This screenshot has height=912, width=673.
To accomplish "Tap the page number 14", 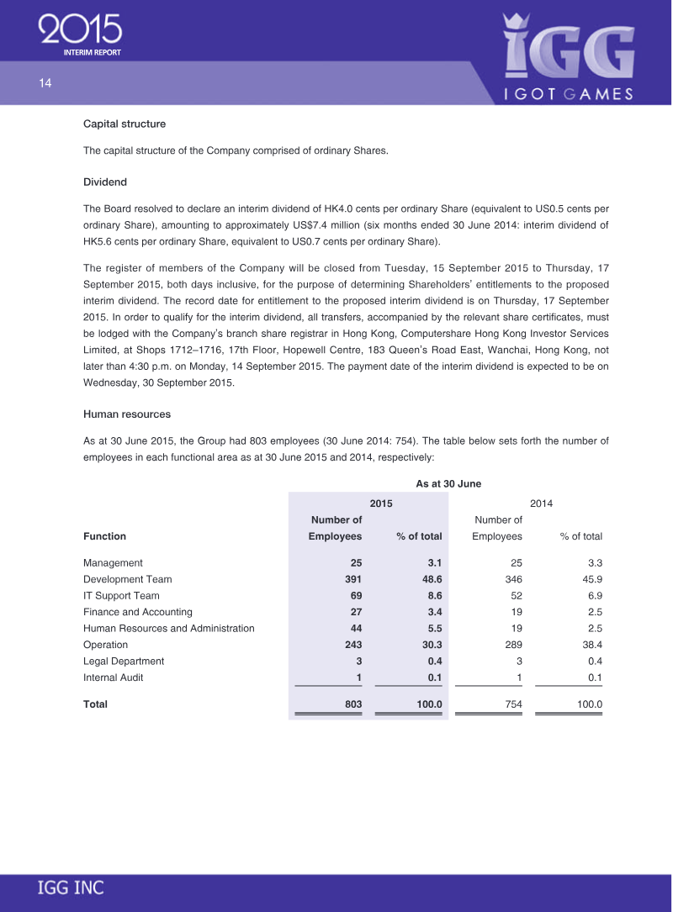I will [x=45, y=83].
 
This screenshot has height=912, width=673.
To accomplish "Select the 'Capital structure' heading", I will [x=125, y=124].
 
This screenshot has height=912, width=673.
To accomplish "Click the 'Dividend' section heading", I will [x=104, y=182].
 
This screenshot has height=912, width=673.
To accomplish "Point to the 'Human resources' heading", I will [x=127, y=414].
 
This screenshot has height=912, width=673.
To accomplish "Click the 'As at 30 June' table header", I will [x=448, y=483].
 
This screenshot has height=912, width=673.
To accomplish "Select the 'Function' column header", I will [x=104, y=536].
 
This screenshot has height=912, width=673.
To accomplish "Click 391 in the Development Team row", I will [x=353, y=579].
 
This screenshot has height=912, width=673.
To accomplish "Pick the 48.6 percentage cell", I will [x=432, y=579].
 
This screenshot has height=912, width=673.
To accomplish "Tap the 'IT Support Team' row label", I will [x=121, y=595].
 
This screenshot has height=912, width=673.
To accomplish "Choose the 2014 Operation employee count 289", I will [x=512, y=645].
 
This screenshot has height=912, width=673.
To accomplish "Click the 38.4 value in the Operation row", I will [x=591, y=645].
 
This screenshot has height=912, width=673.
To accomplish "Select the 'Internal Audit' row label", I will [x=113, y=677].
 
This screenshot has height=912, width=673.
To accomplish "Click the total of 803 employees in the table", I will [x=352, y=704].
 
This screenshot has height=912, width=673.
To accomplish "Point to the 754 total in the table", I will [x=512, y=704].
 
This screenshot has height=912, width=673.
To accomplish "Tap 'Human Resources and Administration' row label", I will [x=168, y=628].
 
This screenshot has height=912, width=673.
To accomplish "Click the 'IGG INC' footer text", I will [x=71, y=888].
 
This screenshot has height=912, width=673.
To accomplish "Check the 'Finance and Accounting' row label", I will [x=137, y=612].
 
